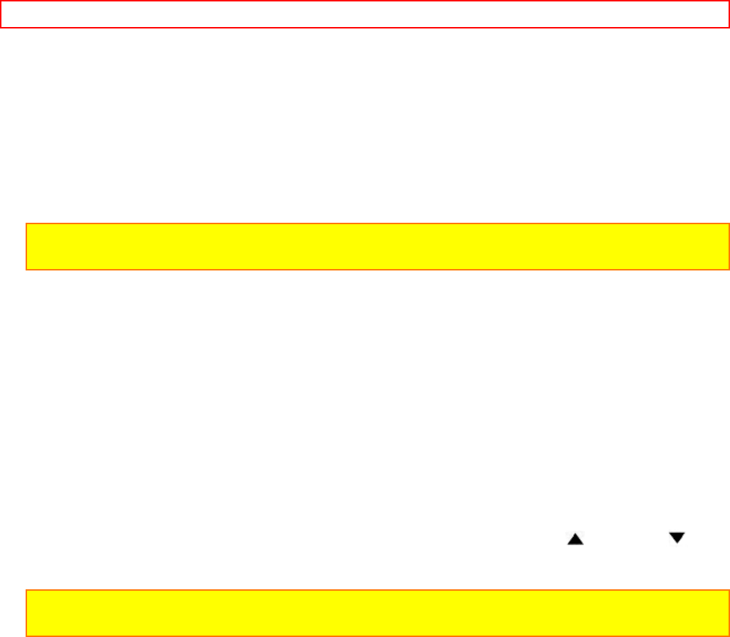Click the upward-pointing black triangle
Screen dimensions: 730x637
click(x=575, y=540)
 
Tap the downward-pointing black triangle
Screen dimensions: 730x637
click(x=677, y=538)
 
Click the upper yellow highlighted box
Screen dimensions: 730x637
click(x=377, y=247)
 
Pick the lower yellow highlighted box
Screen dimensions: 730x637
click(x=377, y=613)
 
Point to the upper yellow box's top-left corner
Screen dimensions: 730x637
click(x=26, y=224)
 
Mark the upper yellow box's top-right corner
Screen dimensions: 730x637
click(x=729, y=224)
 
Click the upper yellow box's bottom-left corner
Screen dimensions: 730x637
click(x=26, y=270)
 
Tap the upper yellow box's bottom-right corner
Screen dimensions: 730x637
click(x=729, y=270)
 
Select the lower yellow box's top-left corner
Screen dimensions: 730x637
click(x=26, y=590)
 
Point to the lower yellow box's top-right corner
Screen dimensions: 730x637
click(x=729, y=590)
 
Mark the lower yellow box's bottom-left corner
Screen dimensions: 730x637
click(x=26, y=636)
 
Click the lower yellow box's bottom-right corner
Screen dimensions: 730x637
click(x=729, y=636)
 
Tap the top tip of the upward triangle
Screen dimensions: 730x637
click(x=575, y=535)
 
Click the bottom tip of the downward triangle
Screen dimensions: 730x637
click(x=677, y=544)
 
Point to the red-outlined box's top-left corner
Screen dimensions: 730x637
click(x=1, y=1)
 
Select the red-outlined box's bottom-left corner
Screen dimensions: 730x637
click(x=1, y=28)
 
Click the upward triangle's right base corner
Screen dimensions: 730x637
click(x=583, y=545)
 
